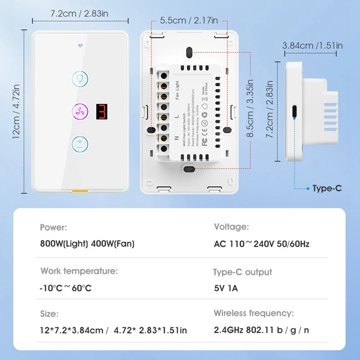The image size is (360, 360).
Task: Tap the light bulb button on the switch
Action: click(80, 78)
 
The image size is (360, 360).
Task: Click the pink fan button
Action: click(80, 111)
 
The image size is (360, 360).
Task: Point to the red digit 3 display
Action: click(103, 111)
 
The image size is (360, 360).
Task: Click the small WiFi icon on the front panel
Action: click(80, 45)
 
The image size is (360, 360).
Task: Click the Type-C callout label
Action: click(327, 188)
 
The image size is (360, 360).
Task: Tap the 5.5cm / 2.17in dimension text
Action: click(189, 20)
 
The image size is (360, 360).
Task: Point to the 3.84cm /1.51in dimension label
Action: click(312, 45)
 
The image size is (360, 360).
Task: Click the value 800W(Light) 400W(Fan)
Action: click(87, 244)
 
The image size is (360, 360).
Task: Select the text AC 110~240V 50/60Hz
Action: click(261, 244)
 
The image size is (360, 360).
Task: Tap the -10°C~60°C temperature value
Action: click(65, 288)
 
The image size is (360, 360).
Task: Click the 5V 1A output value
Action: click(226, 288)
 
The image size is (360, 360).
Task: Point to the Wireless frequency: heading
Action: click(253, 313)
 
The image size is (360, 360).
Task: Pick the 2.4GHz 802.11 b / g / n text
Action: click(261, 330)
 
